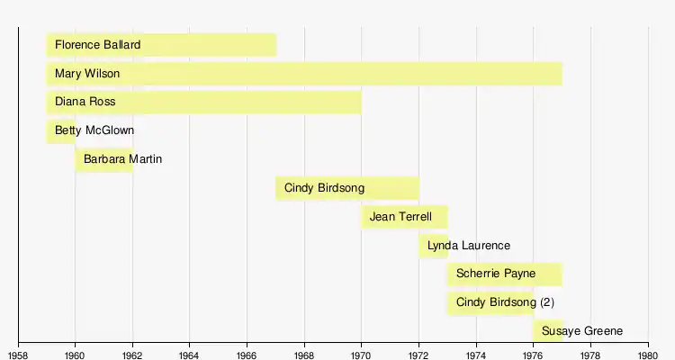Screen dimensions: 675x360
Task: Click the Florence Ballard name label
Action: (98, 45)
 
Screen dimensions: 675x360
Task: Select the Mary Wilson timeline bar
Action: (304, 74)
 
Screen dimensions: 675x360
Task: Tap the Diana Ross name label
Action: (85, 102)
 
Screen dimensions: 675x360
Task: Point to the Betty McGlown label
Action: (94, 130)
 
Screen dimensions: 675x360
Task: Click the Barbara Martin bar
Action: (103, 160)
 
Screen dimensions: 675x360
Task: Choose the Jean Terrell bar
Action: (405, 217)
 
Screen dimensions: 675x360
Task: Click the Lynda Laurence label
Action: (469, 246)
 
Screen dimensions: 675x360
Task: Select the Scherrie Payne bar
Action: (505, 274)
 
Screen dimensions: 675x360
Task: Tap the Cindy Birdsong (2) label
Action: (506, 302)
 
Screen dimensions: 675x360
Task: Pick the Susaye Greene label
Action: (582, 330)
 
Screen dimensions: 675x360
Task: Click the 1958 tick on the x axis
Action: (18, 355)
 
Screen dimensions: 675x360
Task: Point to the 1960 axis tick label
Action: (75, 355)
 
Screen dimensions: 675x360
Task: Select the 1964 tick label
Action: (189, 355)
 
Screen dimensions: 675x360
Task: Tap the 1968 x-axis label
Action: (304, 355)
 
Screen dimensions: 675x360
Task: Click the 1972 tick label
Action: (418, 355)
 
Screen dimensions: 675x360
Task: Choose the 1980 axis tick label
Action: (648, 355)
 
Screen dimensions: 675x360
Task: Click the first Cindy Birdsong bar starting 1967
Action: (347, 188)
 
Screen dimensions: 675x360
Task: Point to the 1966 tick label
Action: (247, 355)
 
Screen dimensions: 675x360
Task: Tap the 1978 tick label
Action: (591, 355)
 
